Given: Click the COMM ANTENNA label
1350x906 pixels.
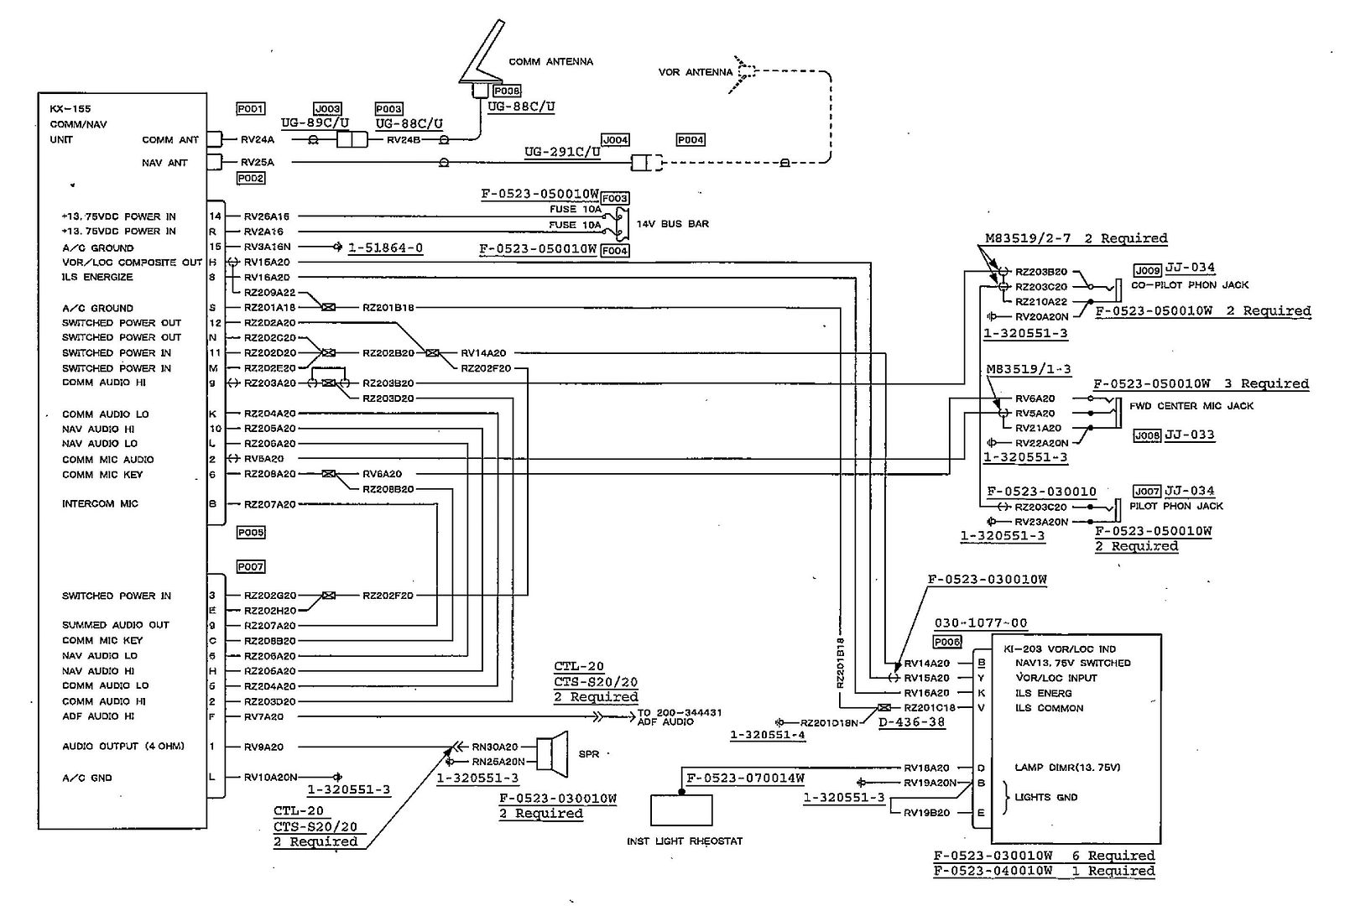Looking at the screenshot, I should (x=550, y=62).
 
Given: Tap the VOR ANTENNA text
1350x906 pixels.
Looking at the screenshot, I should (x=695, y=73).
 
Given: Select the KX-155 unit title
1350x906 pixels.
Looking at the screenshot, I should (x=70, y=109).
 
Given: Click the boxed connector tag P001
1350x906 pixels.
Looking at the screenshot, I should (x=250, y=109).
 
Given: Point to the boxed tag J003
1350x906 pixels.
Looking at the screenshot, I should (x=327, y=109).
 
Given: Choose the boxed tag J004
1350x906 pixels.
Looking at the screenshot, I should (x=615, y=140).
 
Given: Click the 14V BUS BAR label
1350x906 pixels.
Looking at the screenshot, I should (x=672, y=224).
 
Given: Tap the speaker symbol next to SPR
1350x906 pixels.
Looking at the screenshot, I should (x=550, y=752).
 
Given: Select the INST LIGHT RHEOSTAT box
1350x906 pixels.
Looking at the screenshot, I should (x=681, y=810).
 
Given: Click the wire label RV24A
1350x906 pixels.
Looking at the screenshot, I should (x=258, y=140).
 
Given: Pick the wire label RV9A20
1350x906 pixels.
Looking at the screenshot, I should (x=263, y=747).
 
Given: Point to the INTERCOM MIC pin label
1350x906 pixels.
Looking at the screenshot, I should (x=100, y=504).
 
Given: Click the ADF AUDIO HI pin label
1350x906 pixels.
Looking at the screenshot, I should (x=98, y=716).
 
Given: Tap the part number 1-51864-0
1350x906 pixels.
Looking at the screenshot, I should (x=385, y=248).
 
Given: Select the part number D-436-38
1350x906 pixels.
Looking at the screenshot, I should (x=912, y=721).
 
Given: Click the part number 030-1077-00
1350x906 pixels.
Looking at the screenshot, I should (x=980, y=623).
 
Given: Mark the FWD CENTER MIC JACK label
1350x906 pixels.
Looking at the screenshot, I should (x=1191, y=406).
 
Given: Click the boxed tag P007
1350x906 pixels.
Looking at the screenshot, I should (x=250, y=567).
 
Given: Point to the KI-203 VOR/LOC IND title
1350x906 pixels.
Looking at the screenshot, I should (x=1060, y=648).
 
